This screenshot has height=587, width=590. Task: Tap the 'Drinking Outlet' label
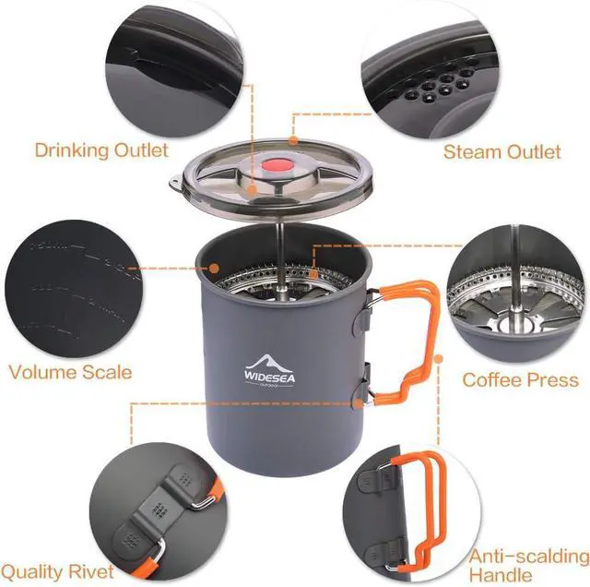click(x=101, y=150)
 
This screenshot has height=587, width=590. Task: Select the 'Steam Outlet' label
click(x=501, y=151)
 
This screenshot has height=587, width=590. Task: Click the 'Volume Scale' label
click(x=70, y=373)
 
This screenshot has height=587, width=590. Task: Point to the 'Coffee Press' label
click(x=520, y=379)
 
